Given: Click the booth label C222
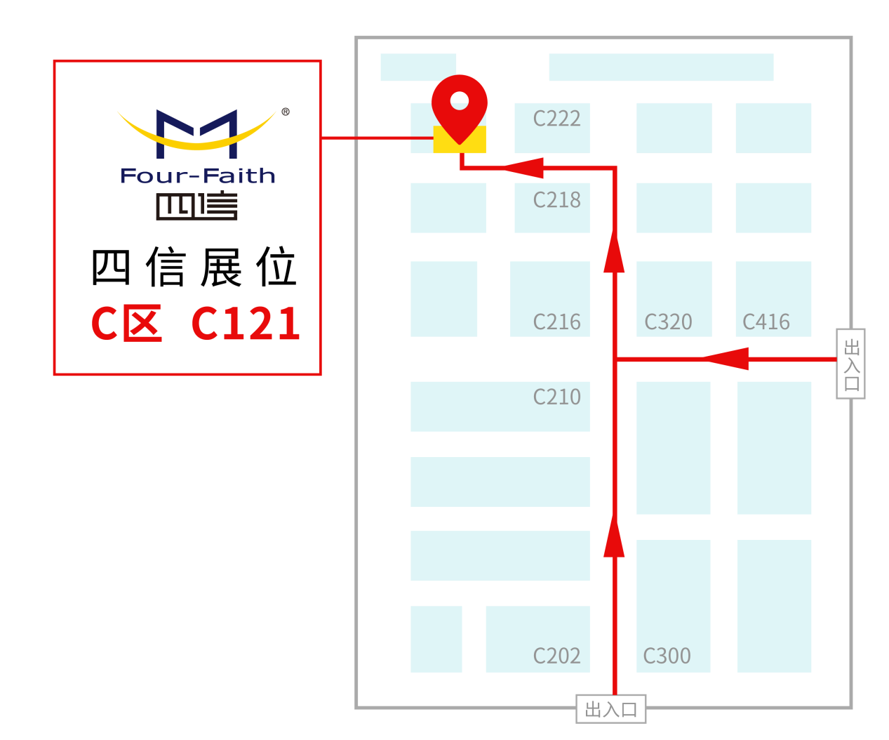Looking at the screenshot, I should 556,119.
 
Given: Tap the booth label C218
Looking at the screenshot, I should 556,200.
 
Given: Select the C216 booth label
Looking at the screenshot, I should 556,322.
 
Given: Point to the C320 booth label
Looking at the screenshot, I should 668,322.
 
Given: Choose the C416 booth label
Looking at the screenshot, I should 766,322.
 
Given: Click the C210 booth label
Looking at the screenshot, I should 556,397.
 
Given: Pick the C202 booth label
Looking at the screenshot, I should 556,656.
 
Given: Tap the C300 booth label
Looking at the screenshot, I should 667,656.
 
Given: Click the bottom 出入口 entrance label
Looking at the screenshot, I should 611,710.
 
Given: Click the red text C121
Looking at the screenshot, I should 246,324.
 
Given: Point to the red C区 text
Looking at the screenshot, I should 127,324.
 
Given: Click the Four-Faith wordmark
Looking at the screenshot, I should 198,176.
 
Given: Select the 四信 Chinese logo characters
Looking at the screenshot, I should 197,206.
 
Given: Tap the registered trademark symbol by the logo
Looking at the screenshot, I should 286,112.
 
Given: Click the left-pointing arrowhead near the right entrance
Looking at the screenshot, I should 726,359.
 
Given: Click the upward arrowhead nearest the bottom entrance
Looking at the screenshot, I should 614,537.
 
